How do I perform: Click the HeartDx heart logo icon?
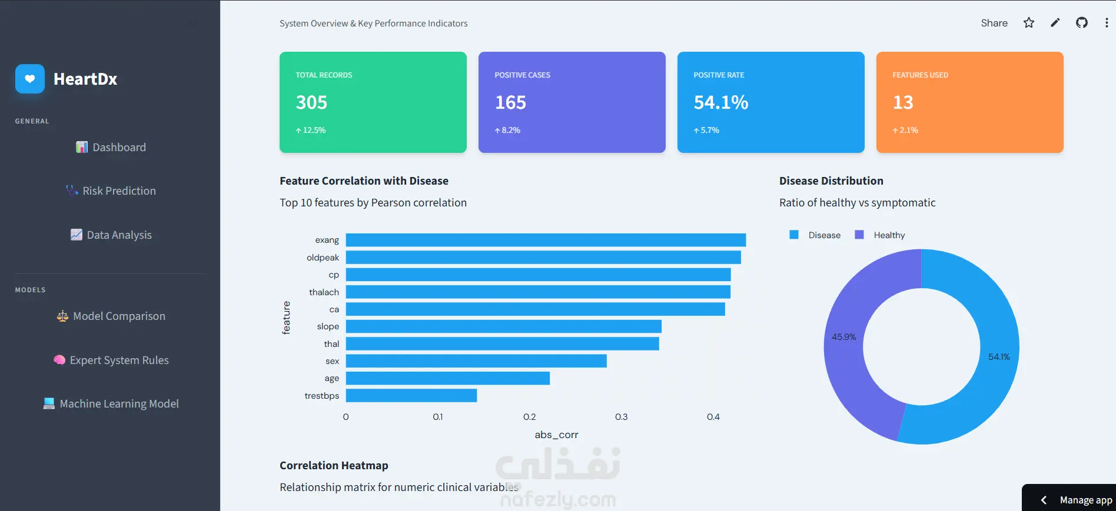point(30,79)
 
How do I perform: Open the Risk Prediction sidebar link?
point(111,191)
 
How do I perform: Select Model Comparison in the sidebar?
point(111,316)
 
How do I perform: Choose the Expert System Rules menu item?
point(111,360)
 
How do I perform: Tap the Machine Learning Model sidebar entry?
point(111,403)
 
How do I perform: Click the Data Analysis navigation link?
point(111,235)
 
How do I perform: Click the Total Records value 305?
point(311,102)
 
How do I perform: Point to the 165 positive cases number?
point(510,102)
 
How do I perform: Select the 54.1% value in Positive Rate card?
point(721,102)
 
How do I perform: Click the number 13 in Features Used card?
point(903,102)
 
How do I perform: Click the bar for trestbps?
point(411,395)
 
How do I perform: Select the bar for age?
point(448,378)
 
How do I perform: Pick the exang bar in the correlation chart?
point(546,240)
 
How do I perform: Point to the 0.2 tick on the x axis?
point(530,417)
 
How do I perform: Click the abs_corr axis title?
point(556,435)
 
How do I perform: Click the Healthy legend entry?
point(880,235)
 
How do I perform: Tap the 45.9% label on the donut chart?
point(843,337)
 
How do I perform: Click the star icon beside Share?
point(1029,22)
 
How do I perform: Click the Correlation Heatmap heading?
point(334,465)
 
